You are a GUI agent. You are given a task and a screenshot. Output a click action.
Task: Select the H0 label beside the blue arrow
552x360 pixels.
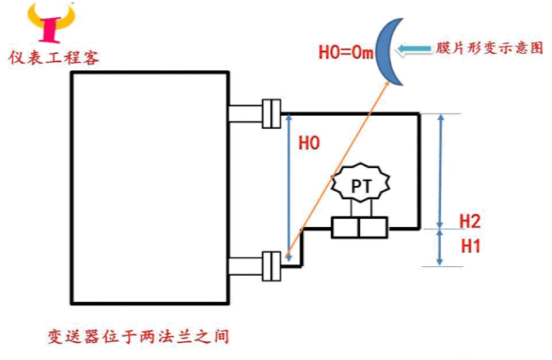coord(309,144)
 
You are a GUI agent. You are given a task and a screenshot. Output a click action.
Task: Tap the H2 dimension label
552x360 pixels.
coord(470,221)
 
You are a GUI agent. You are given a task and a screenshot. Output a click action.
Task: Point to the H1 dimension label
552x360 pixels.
coord(470,244)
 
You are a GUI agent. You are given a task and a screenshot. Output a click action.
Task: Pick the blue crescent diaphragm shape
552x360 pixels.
coord(392,53)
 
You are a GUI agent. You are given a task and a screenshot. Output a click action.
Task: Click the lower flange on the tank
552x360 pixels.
coord(270,266)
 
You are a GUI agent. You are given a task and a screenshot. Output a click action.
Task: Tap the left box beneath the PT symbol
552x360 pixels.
coord(346,227)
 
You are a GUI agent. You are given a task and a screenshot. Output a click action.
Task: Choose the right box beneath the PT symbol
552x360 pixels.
coord(375,227)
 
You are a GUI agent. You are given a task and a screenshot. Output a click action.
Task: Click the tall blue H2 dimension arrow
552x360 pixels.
coord(442,171)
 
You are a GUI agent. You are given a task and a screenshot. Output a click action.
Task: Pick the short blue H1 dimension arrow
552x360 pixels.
coord(442,247)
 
